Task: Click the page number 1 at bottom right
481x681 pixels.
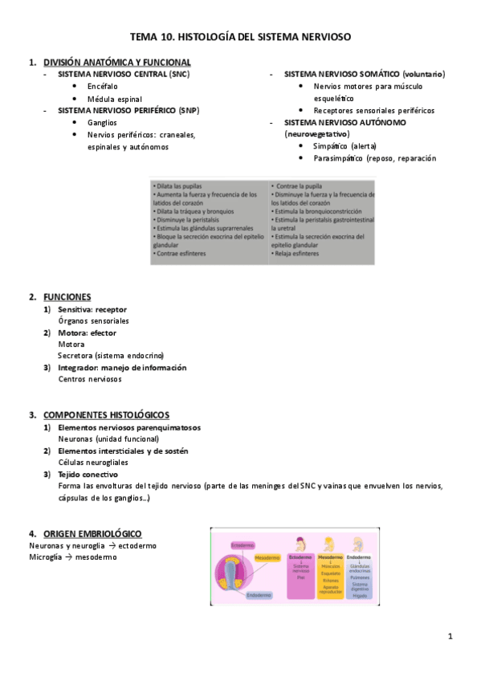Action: click(x=450, y=637)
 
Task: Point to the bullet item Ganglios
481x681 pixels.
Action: click(x=102, y=123)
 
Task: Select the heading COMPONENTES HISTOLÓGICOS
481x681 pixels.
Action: click(x=106, y=415)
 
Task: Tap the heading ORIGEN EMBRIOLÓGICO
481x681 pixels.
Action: click(x=92, y=533)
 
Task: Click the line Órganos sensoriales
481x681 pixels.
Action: click(x=93, y=321)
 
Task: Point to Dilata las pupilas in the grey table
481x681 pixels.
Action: click(x=178, y=186)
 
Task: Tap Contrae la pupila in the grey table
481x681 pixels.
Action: click(x=300, y=186)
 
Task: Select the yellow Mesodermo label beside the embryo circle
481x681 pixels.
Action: click(x=267, y=557)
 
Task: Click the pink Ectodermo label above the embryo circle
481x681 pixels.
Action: click(x=243, y=544)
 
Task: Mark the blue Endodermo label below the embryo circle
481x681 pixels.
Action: click(x=259, y=595)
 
